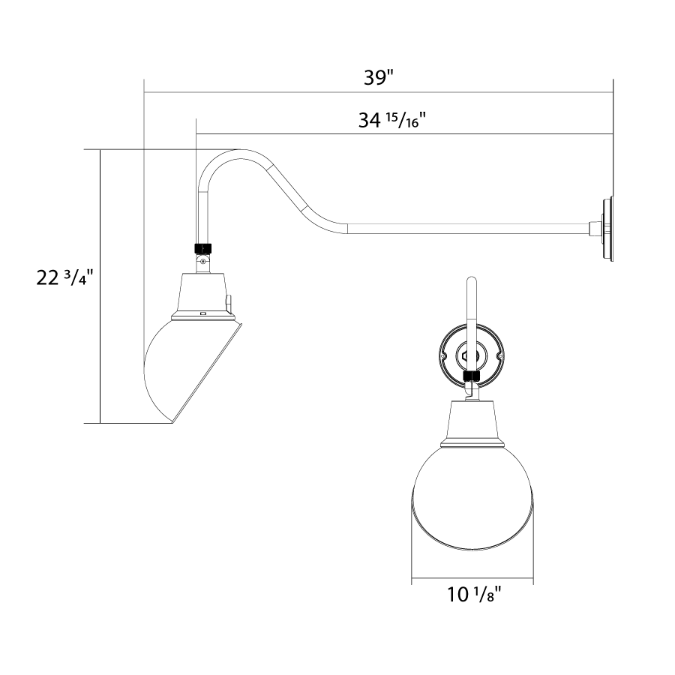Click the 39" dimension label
click(x=379, y=78)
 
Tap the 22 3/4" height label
click(x=64, y=278)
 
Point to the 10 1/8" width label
click(x=475, y=595)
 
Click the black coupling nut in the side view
click(x=203, y=249)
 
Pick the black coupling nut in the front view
click(x=472, y=376)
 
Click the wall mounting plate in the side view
click(x=607, y=229)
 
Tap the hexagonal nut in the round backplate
click(x=466, y=356)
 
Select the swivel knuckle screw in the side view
click(x=202, y=260)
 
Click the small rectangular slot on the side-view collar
click(x=202, y=313)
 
